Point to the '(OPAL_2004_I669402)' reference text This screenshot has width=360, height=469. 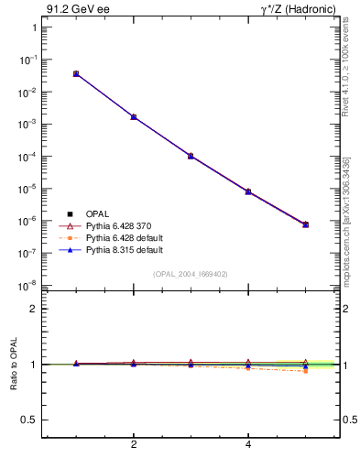click(x=191, y=273)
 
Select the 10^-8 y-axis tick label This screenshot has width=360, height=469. click(x=30, y=285)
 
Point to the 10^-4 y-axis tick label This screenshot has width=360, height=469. click(x=30, y=157)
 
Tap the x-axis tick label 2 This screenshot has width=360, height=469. click(x=134, y=445)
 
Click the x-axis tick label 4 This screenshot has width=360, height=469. click(x=248, y=445)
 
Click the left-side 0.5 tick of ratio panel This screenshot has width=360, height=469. click(x=28, y=420)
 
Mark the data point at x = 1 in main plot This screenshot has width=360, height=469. click(x=76, y=73)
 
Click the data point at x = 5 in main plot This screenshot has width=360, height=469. click(x=306, y=224)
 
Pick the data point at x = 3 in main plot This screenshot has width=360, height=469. click(x=191, y=156)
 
